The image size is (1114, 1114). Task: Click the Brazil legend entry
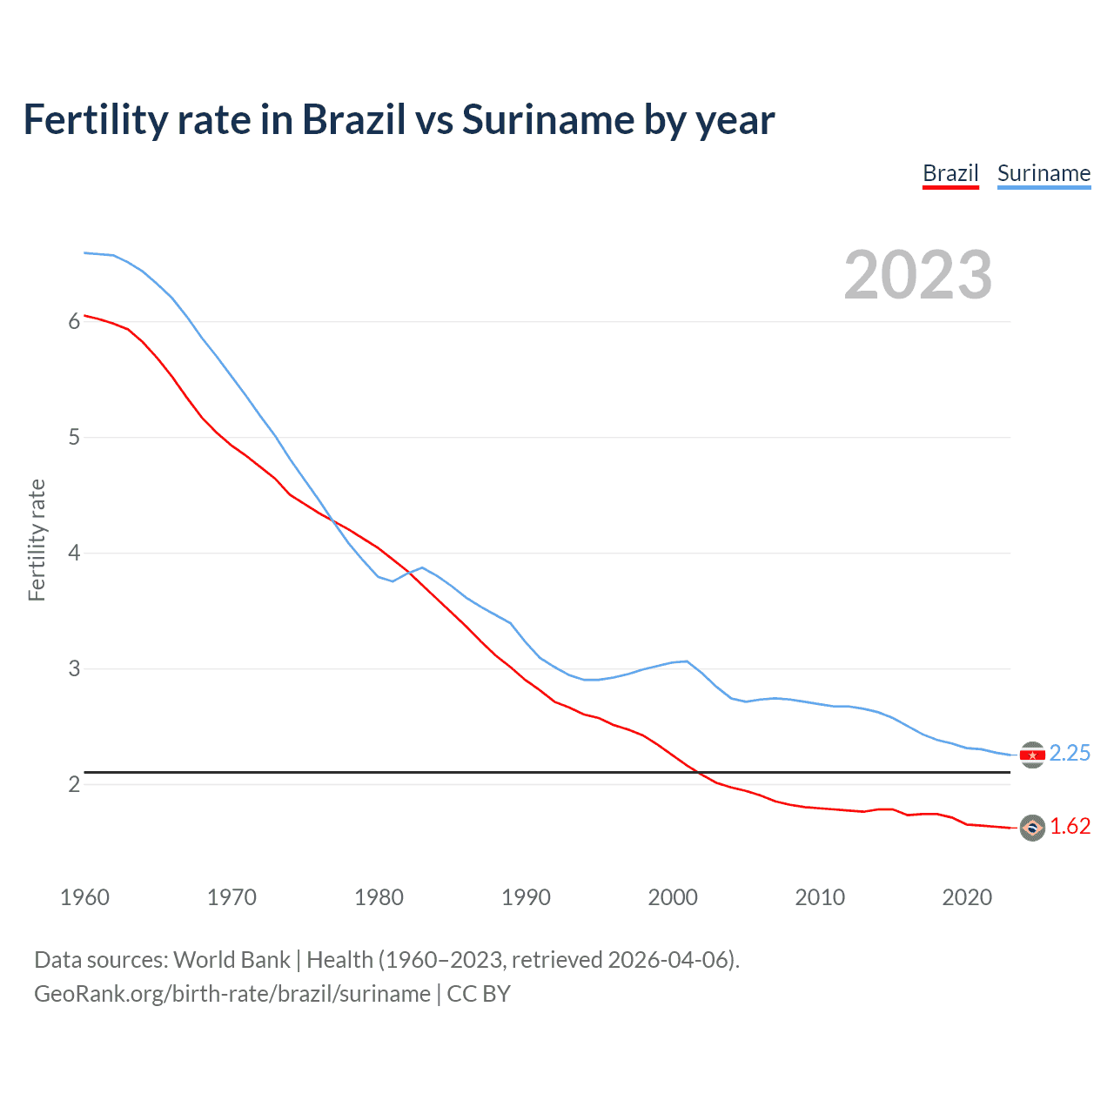[950, 173]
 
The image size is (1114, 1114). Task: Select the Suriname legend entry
[1044, 173]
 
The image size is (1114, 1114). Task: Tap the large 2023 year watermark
[917, 275]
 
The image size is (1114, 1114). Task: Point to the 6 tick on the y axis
[74, 321]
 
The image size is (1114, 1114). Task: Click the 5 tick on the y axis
[74, 437]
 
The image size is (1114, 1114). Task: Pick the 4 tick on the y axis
[74, 553]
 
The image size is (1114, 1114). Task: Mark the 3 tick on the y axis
[74, 668]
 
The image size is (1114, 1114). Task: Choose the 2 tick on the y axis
[74, 784]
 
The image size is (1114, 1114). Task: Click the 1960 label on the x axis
[84, 897]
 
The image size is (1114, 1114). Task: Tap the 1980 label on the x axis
[379, 897]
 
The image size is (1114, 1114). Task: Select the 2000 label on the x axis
[673, 897]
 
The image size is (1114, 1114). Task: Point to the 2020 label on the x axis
[967, 897]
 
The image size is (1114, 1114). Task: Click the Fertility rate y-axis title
[37, 540]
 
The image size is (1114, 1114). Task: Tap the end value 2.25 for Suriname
[1070, 753]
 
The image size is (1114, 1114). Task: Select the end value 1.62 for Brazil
[1070, 826]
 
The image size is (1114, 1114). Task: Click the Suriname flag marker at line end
[1032, 755]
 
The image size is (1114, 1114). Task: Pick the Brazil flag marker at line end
[1032, 828]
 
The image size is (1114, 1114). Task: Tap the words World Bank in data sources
[232, 960]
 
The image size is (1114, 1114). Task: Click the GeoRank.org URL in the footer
[232, 994]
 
